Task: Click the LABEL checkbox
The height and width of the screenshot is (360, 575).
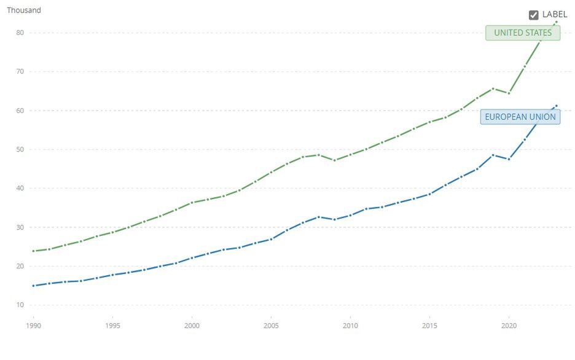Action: point(533,15)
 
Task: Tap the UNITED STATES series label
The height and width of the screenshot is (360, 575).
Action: point(523,33)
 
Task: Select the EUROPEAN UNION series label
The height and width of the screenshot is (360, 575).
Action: point(520,117)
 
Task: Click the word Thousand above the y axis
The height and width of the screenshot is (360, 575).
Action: point(24,10)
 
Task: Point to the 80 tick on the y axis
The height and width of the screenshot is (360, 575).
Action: point(20,33)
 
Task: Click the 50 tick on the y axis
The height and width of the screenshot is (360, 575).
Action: point(20,149)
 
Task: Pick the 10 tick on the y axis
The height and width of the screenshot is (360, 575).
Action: point(20,305)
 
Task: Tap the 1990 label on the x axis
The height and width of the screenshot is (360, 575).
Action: point(34,326)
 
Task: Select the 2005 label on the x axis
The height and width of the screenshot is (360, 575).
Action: point(271,326)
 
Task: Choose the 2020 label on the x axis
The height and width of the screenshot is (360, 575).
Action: point(508,326)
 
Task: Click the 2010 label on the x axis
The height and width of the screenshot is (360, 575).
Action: point(350,326)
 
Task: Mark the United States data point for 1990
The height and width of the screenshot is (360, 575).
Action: point(34,251)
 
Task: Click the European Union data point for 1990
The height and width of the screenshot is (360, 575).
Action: point(34,286)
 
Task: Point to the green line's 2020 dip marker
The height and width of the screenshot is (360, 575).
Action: point(509,93)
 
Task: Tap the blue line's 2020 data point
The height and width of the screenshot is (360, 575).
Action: point(509,159)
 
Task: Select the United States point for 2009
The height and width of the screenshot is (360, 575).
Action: point(334,160)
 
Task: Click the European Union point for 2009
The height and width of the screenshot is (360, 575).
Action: point(334,219)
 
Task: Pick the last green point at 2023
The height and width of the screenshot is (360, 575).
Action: point(556,23)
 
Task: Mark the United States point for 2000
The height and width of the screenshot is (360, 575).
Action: point(192,203)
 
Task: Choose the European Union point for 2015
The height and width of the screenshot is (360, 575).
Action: point(429,194)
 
